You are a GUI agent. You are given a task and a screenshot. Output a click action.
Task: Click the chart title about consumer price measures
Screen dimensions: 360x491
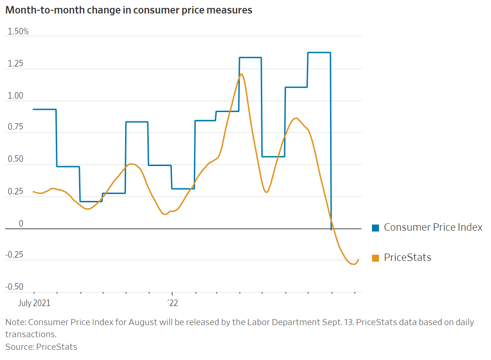click(x=129, y=10)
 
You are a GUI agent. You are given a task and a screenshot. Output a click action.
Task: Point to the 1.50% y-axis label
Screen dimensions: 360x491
click(x=17, y=32)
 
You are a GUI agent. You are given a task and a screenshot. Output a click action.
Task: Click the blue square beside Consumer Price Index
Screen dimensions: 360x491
click(x=375, y=228)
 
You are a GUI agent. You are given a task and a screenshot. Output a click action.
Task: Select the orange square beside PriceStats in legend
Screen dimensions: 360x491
click(x=375, y=258)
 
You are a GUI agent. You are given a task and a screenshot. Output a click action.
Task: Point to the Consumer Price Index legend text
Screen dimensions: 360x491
click(x=433, y=227)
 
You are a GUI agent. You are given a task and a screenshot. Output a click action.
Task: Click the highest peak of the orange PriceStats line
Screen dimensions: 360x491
click(x=241, y=74)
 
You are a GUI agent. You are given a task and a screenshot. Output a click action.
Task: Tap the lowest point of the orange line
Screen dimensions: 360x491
click(x=354, y=264)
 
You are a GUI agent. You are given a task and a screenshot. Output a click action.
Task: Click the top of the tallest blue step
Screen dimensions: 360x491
click(x=319, y=53)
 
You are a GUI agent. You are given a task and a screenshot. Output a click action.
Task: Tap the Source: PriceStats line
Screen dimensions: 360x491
click(x=41, y=347)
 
